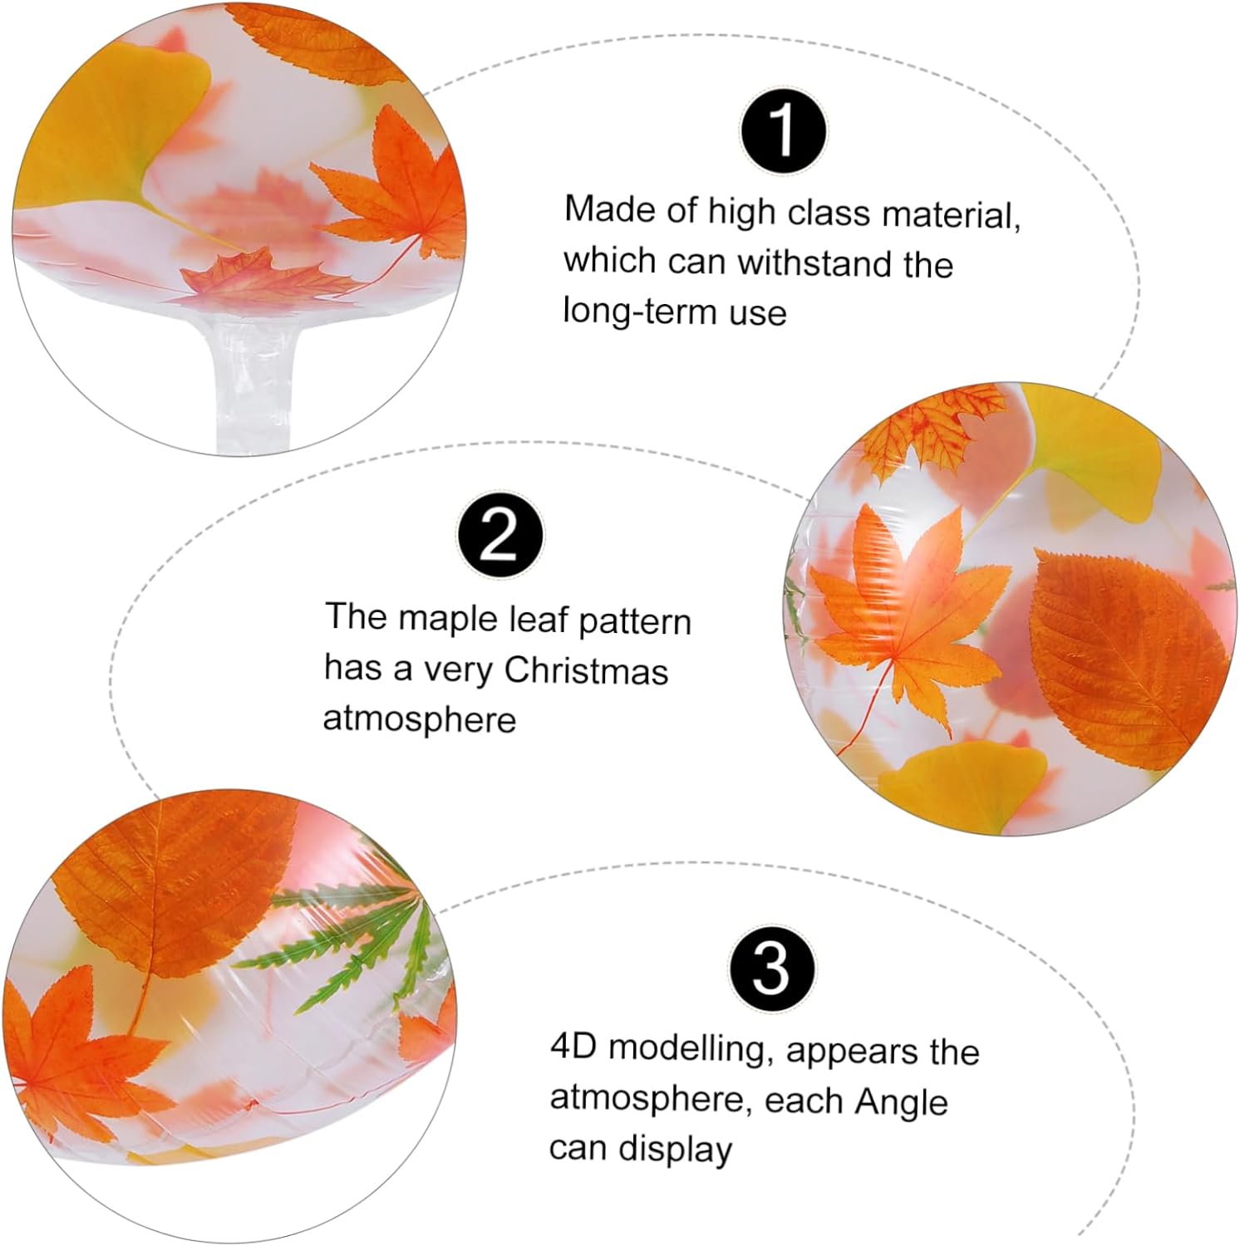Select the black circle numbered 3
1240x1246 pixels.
(772, 969)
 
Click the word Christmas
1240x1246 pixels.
(586, 671)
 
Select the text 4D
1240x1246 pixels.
(573, 1046)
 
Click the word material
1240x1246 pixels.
(951, 215)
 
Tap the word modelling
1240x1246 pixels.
(687, 1048)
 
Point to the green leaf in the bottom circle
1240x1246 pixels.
(349, 939)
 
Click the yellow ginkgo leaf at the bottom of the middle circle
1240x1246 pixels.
(964, 785)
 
